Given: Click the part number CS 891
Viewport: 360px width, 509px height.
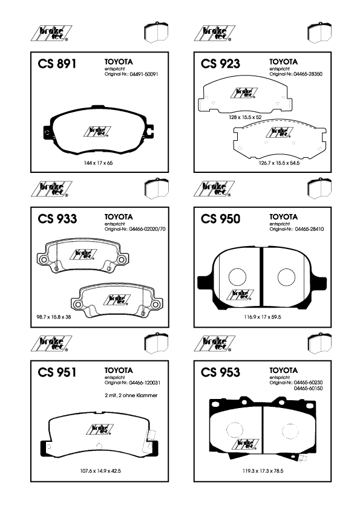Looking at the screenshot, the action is click(57, 63).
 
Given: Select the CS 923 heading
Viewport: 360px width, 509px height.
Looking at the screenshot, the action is click(220, 63).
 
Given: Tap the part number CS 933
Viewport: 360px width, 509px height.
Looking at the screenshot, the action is click(57, 219).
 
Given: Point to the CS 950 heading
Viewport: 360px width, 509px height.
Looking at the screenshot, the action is click(220, 219).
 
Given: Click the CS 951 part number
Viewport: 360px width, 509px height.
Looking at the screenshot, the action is click(57, 372).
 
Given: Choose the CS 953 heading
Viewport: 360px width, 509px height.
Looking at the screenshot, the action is click(220, 372).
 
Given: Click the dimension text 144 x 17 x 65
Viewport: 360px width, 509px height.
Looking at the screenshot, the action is click(98, 163).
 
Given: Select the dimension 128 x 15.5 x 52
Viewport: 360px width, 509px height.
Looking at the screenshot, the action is click(245, 117).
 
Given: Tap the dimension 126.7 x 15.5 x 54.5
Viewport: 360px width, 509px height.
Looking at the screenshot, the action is click(279, 163).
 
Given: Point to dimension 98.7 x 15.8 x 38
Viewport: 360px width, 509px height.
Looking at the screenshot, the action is click(54, 317).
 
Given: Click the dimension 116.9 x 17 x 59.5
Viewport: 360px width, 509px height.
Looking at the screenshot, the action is click(263, 317).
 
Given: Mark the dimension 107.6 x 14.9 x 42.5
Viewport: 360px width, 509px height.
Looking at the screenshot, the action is click(100, 471).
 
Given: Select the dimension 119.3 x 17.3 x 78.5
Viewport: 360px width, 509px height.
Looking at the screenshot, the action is click(263, 471).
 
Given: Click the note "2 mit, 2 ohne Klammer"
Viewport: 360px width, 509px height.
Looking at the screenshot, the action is click(131, 395).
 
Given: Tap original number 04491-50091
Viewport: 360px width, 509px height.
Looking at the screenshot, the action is click(144, 74).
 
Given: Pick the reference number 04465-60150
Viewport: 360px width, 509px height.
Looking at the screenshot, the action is click(309, 389).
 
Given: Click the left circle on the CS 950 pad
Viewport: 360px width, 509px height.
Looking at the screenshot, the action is click(237, 277).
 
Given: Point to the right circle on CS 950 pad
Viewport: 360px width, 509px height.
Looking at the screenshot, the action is click(287, 277).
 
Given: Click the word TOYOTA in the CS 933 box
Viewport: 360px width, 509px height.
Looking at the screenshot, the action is click(119, 217).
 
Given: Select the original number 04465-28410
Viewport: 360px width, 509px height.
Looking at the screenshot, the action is click(310, 229).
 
